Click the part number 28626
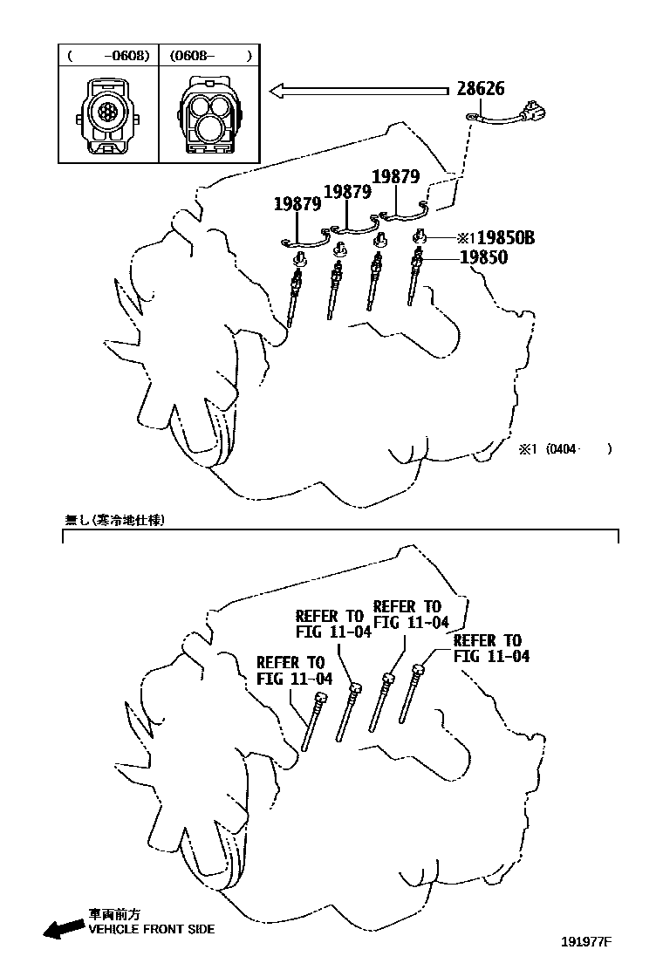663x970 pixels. click(480, 89)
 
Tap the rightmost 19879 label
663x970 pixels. click(396, 175)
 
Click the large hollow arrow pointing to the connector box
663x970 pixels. click(358, 89)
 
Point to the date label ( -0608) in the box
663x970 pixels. click(108, 56)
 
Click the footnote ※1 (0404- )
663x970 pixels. click(566, 449)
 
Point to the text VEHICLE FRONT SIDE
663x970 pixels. click(151, 929)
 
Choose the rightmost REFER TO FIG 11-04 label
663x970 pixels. click(490, 648)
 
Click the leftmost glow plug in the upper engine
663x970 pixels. click(294, 293)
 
